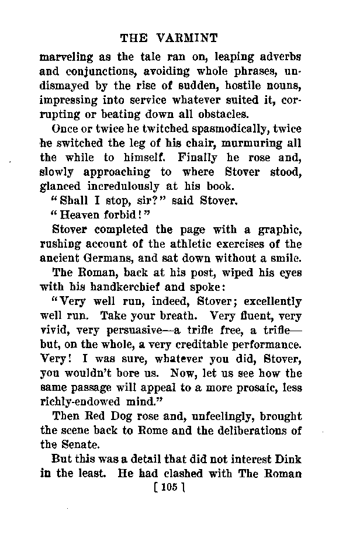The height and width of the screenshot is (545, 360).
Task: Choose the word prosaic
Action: coord(258,387)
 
